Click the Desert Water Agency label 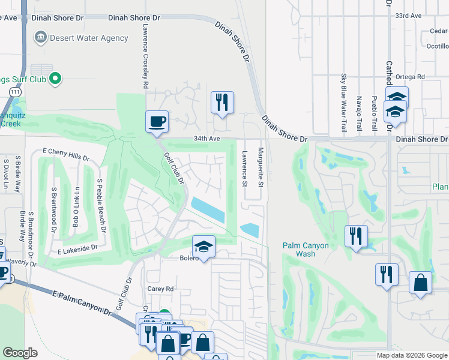click(x=89, y=38)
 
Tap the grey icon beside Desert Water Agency click(x=40, y=38)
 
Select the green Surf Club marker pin click(x=55, y=78)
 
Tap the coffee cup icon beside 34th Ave click(x=157, y=122)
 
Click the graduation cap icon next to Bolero click(x=203, y=247)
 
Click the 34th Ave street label click(x=207, y=139)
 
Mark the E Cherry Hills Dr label click(x=66, y=155)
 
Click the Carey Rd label click(x=160, y=289)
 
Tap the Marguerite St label click(x=261, y=167)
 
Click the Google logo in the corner click(x=20, y=353)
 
